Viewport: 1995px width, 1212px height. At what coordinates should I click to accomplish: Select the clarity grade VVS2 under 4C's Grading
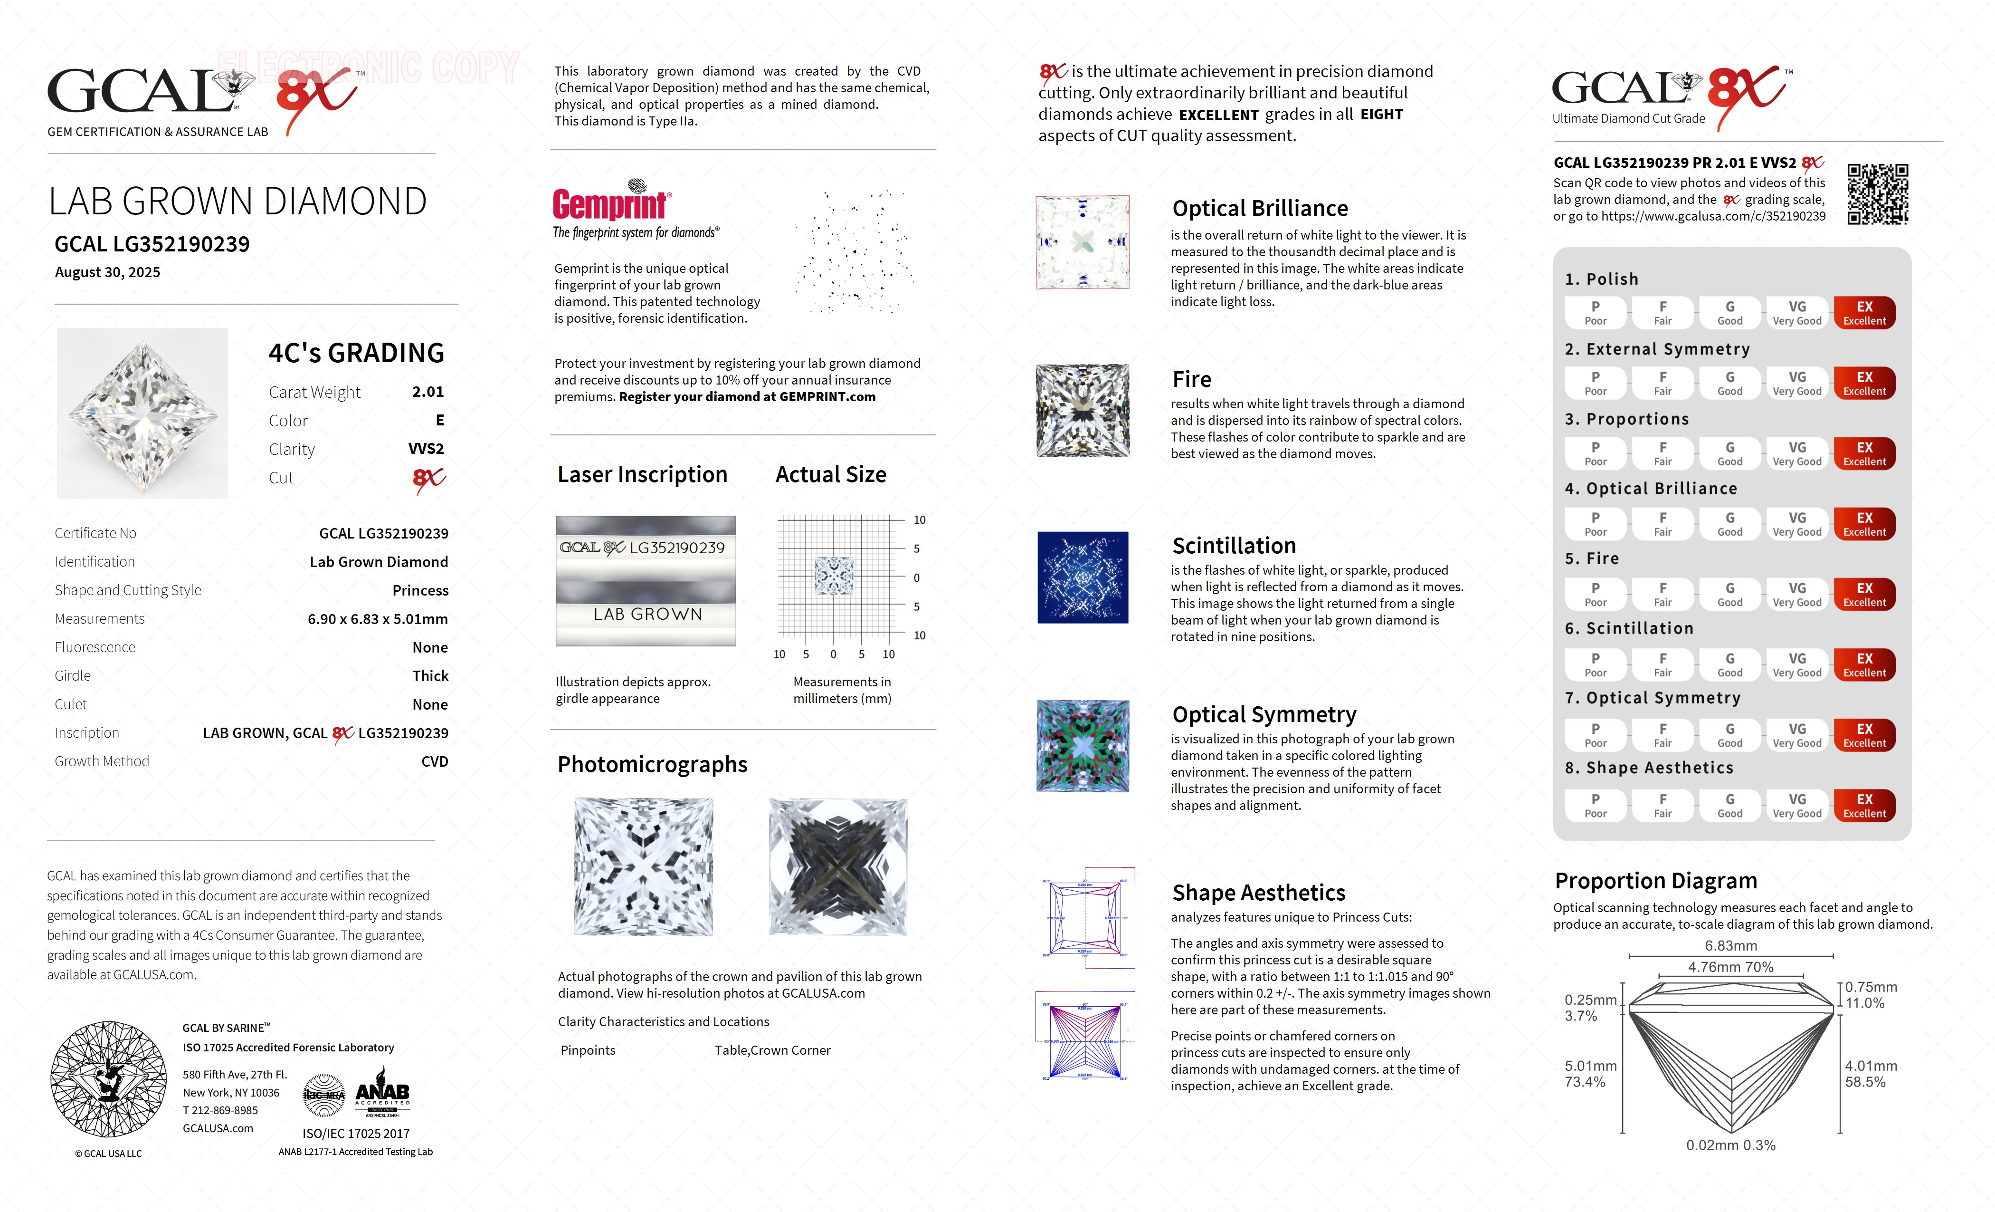click(x=426, y=449)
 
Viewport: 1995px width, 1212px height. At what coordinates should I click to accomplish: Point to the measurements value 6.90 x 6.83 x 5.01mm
click(x=377, y=619)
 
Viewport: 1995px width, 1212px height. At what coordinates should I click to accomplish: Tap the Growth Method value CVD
click(x=434, y=761)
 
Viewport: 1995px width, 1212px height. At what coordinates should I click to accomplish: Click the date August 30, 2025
click(x=108, y=272)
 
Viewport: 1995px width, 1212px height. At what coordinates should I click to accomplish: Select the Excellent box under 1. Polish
click(x=1864, y=313)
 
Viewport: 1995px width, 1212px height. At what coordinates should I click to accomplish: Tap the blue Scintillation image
click(x=1083, y=577)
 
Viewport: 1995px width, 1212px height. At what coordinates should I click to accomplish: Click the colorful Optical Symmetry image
click(x=1083, y=745)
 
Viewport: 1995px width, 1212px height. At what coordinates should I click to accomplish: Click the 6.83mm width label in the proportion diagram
click(x=1731, y=945)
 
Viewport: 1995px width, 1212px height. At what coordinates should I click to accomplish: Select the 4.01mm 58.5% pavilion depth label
click(x=1871, y=1074)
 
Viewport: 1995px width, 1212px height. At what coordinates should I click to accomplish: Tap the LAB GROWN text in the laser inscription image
click(x=647, y=614)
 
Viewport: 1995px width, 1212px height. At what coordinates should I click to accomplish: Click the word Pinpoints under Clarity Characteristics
click(x=588, y=1050)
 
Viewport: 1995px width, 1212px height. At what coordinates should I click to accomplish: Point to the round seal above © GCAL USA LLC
click(x=108, y=1078)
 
